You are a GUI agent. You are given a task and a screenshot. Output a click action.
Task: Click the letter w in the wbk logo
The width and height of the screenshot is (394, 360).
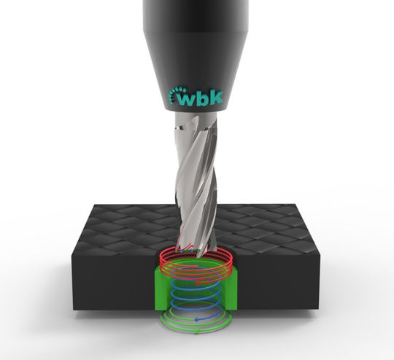(187, 99)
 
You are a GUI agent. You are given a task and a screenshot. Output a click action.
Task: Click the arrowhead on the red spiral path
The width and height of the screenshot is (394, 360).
(198, 283)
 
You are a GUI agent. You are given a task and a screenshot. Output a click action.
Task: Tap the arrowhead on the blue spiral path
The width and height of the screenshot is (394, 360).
(197, 320)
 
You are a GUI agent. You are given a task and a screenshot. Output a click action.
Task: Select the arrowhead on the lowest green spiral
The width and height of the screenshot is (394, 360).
(197, 332)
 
